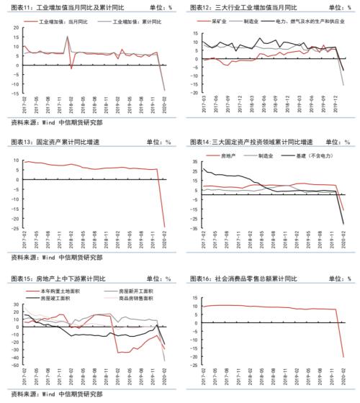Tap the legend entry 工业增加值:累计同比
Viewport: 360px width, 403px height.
128,23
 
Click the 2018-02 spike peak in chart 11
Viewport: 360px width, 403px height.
68,36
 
